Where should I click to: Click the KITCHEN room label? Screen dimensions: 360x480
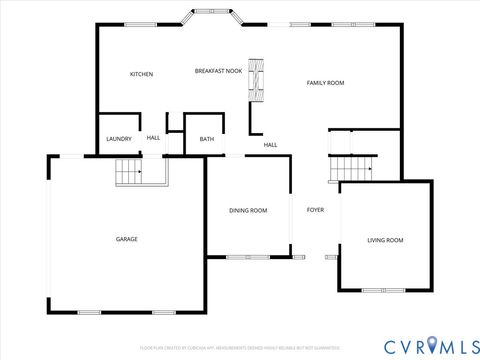point(141,74)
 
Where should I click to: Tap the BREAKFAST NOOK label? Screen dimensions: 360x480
point(218,71)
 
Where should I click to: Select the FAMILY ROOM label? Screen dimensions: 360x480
point(325,83)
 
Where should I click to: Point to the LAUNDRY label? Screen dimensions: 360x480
point(119,138)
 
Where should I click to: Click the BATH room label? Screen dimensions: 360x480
point(206,139)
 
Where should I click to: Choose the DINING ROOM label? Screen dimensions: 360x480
point(248,210)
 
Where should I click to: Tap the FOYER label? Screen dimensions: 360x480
point(315,210)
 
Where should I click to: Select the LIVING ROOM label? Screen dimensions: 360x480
point(385,240)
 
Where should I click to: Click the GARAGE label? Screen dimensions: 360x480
point(127,239)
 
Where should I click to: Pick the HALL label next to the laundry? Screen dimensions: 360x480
point(153,138)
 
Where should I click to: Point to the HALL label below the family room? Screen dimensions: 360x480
point(270,145)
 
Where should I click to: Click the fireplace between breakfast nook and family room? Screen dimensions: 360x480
point(257,81)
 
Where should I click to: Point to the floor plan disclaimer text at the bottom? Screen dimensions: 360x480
point(240,348)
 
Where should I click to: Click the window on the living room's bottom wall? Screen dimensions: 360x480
point(377,291)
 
